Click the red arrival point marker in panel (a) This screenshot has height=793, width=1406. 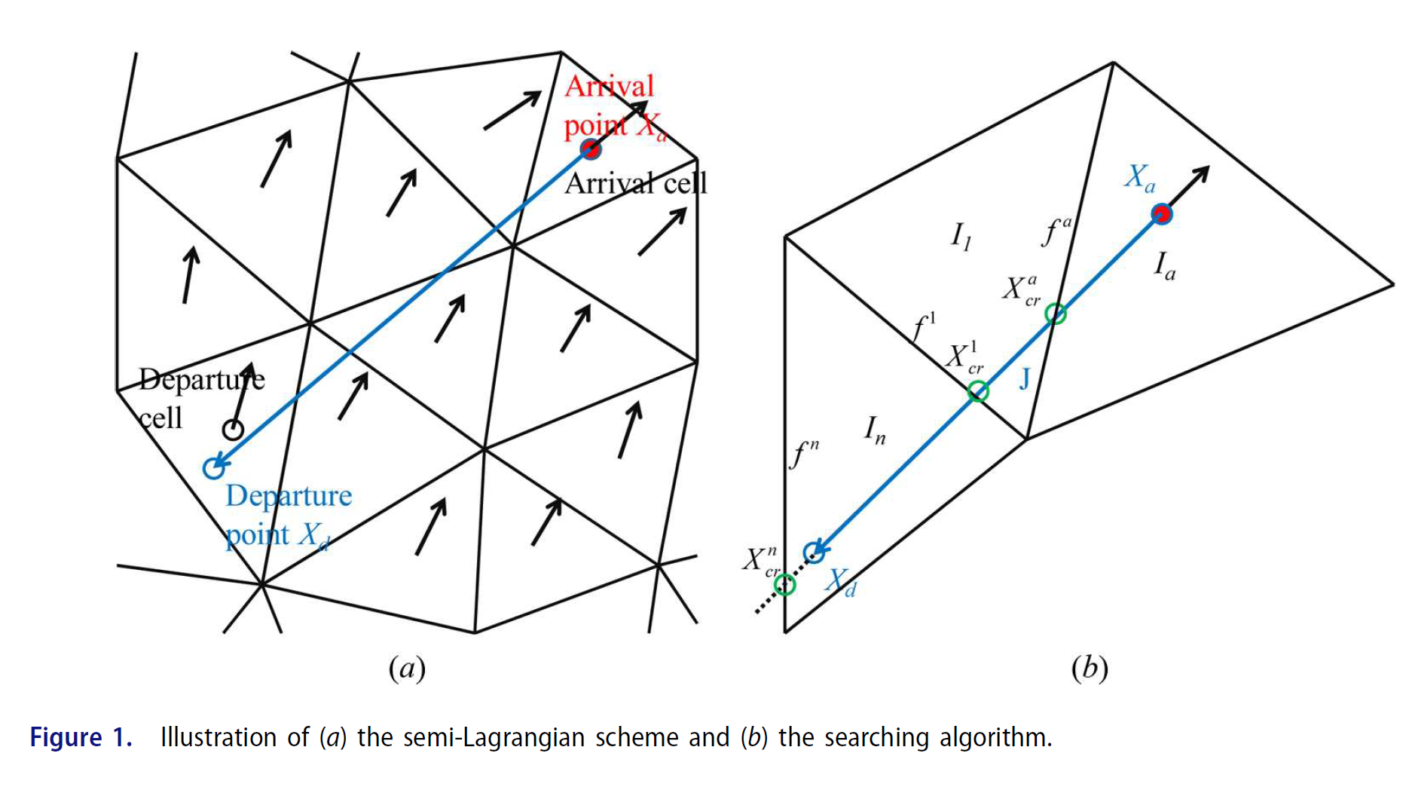click(591, 148)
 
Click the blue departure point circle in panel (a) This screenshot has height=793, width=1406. click(214, 468)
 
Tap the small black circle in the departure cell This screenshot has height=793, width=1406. click(233, 430)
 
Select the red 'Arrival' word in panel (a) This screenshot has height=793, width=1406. click(609, 87)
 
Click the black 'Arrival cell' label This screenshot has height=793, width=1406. click(636, 183)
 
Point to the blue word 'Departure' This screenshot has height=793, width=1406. click(289, 496)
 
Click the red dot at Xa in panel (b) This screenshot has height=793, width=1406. click(1162, 214)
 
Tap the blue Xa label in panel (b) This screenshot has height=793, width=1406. click(1139, 179)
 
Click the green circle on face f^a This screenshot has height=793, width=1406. click(1056, 314)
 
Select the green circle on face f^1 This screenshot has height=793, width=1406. click(978, 391)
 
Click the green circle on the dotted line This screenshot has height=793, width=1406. click(785, 584)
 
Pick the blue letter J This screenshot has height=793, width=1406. click(1024, 378)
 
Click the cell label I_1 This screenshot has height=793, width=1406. click(961, 237)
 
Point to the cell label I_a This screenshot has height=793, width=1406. click(1164, 266)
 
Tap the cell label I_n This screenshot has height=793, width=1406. click(874, 430)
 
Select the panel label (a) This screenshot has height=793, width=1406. click(407, 669)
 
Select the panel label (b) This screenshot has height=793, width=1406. click(1090, 669)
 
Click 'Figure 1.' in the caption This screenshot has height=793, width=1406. click(81, 737)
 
